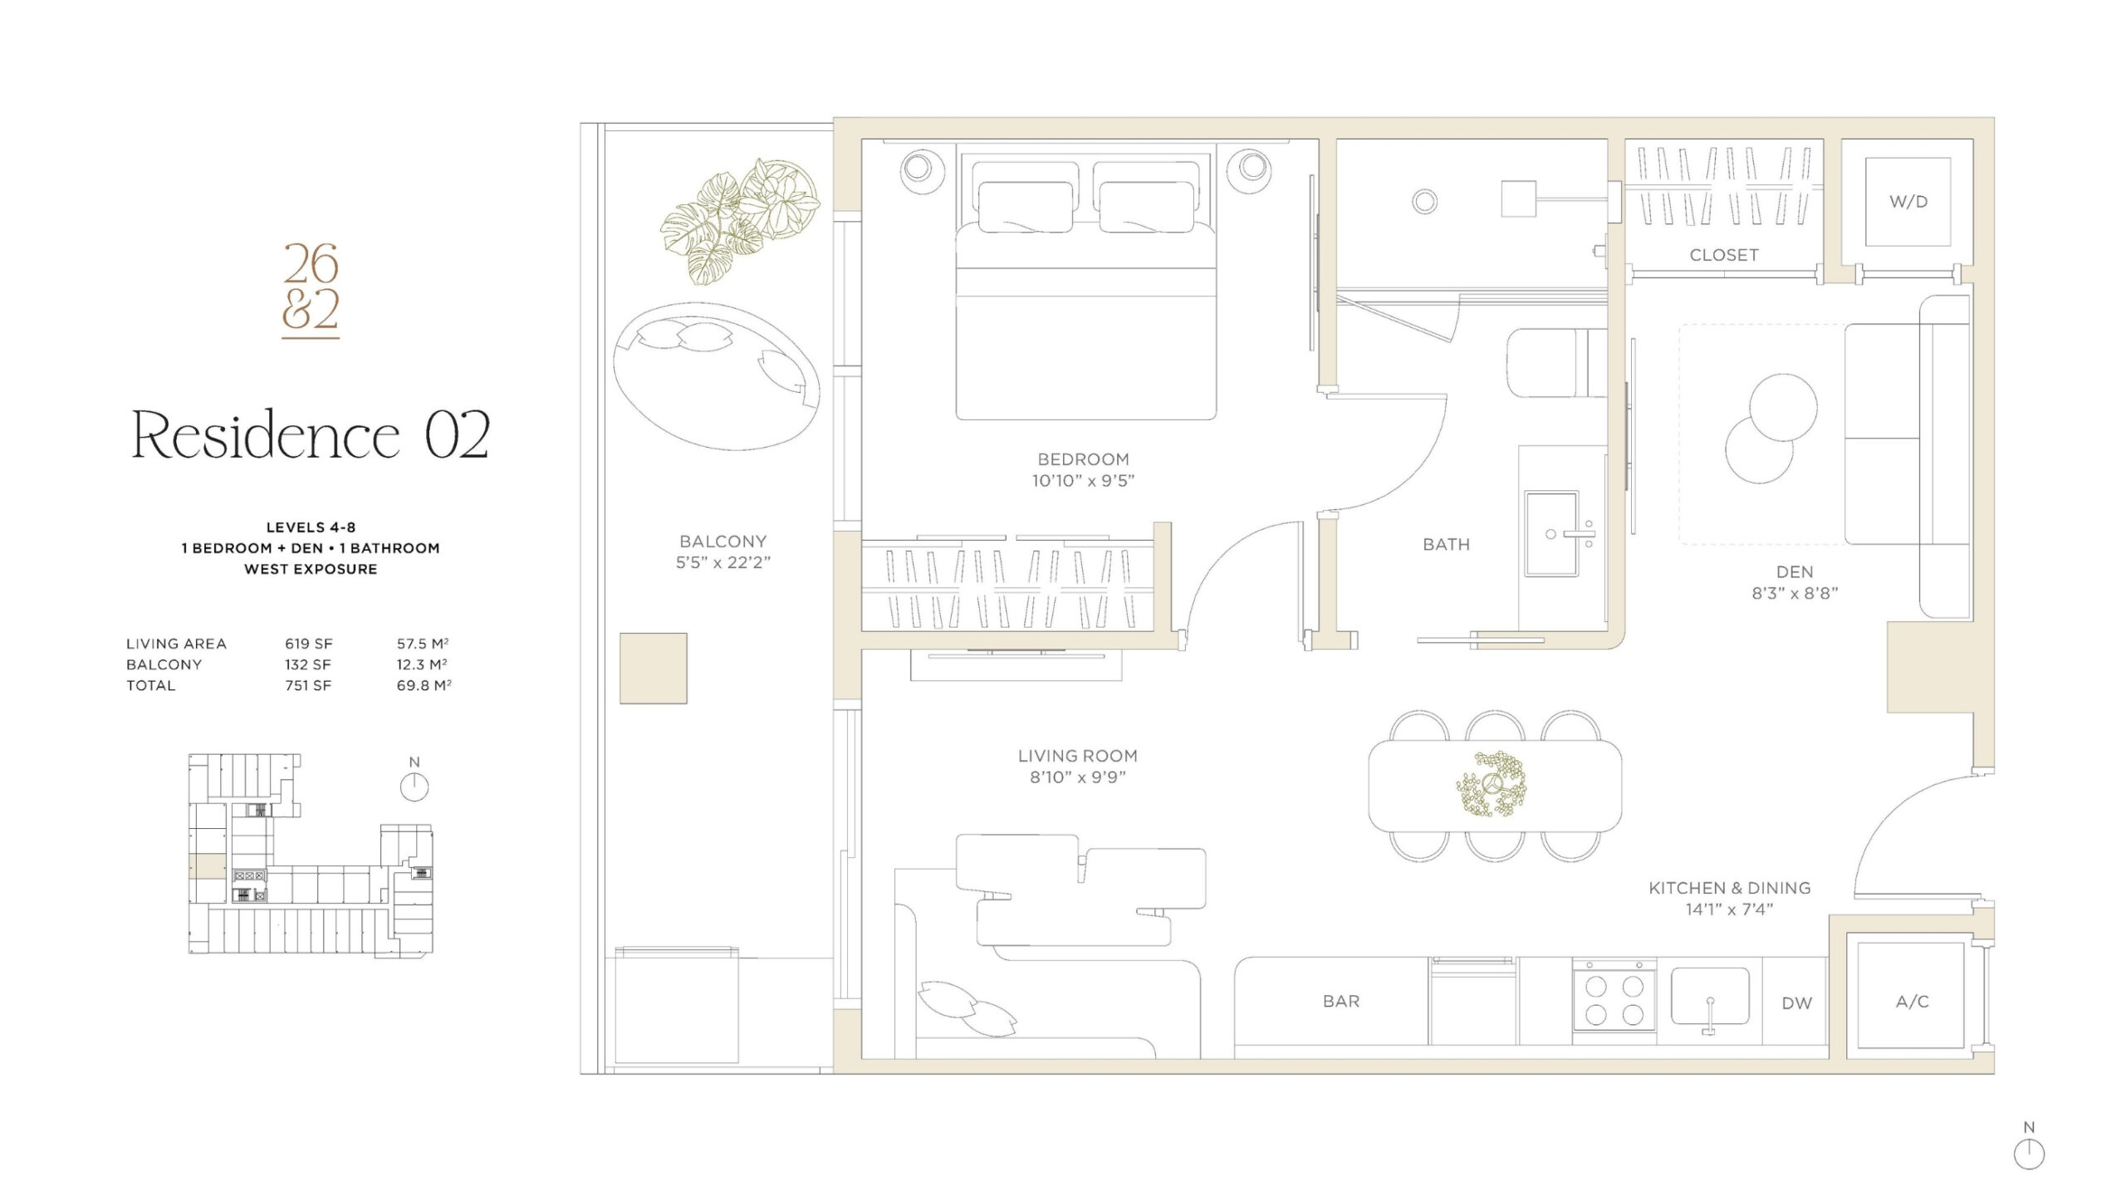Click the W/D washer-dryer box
click(1908, 202)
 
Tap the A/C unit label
click(1912, 1002)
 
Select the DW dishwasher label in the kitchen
click(1796, 1003)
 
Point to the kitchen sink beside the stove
click(1710, 997)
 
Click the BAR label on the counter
click(1341, 1002)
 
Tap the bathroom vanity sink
click(1550, 532)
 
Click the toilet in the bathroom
click(1555, 362)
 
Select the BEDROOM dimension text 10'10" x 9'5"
click(1083, 481)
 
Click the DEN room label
click(1795, 571)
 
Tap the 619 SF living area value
click(308, 644)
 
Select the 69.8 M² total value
click(424, 685)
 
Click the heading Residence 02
click(311, 434)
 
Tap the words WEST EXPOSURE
click(311, 569)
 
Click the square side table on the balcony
click(653, 668)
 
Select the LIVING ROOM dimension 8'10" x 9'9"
click(1077, 777)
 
